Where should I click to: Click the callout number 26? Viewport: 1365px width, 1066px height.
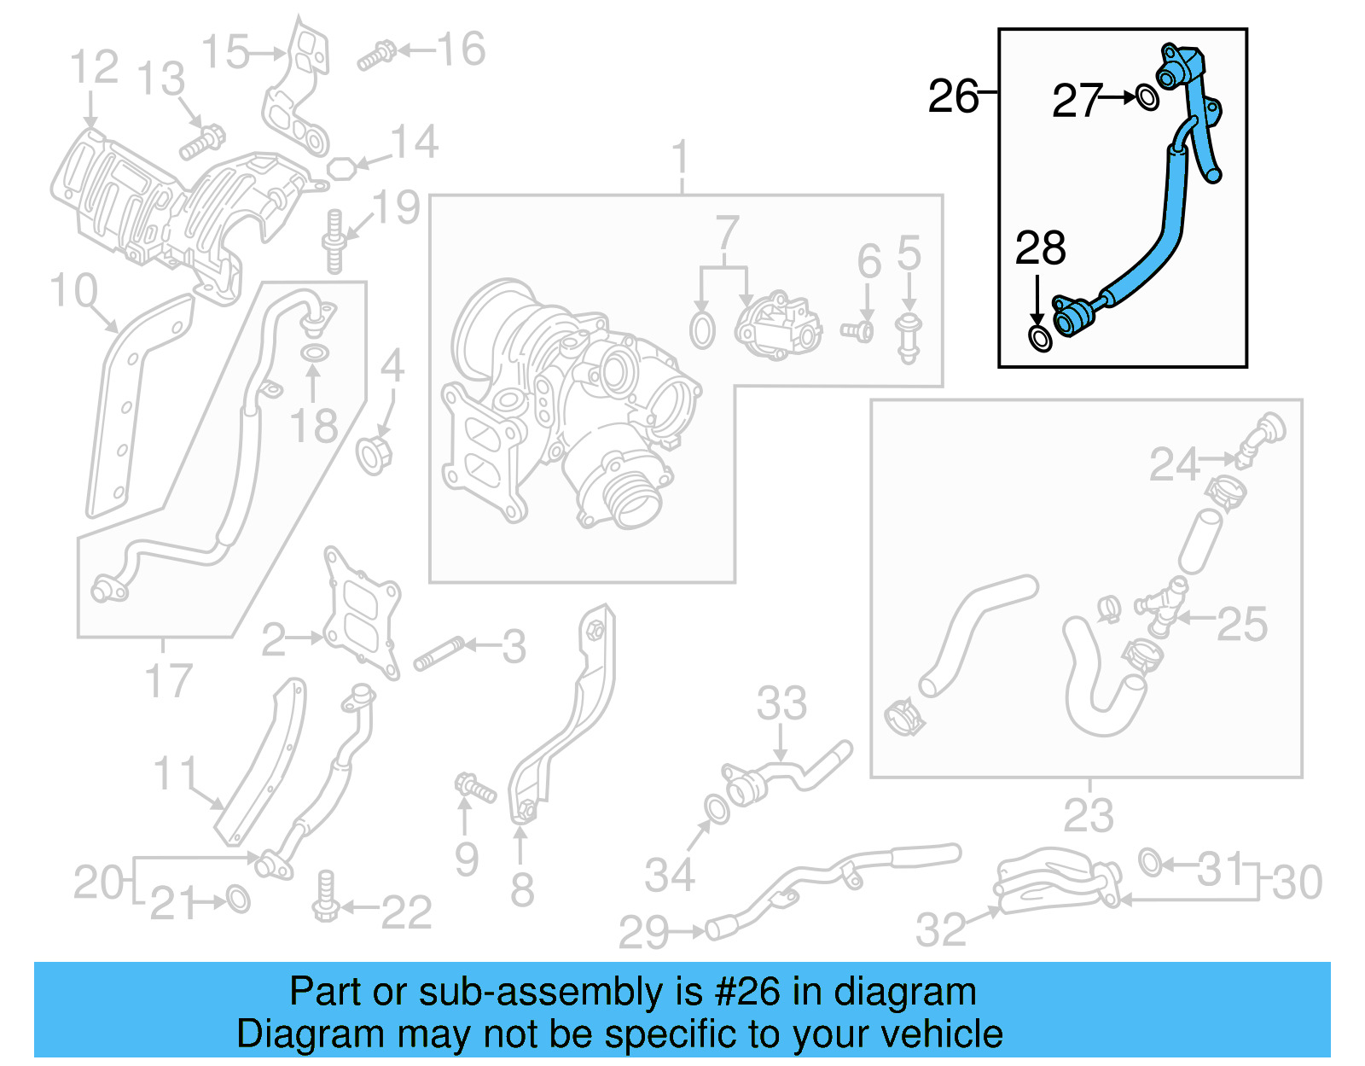(953, 96)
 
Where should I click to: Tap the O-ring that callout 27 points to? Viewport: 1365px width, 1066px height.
(1147, 98)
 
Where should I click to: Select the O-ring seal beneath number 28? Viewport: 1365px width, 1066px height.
(1040, 337)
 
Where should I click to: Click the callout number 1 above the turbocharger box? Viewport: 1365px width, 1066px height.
(680, 159)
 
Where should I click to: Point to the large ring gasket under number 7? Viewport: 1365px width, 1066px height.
(702, 330)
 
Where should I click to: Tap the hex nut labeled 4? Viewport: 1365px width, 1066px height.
(374, 454)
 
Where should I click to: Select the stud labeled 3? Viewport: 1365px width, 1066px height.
(439, 654)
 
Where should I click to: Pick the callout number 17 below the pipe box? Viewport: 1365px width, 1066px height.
(168, 680)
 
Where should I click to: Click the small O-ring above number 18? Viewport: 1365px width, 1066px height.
(314, 353)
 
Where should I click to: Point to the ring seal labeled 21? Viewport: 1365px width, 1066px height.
(238, 899)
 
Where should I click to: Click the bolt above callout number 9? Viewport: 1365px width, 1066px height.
(474, 787)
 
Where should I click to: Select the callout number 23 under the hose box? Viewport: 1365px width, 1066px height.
(1088, 815)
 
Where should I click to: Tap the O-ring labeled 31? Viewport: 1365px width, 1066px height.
(1150, 862)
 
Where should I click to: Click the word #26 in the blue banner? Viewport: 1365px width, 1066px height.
(746, 992)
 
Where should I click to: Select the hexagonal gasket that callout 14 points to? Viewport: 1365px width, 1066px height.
(341, 167)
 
